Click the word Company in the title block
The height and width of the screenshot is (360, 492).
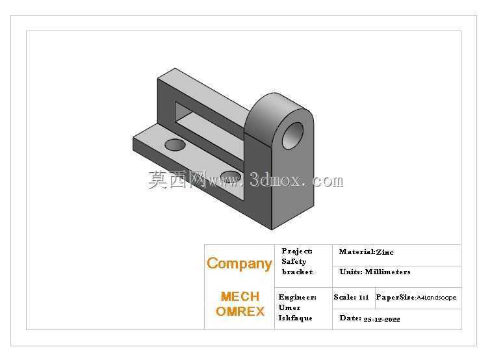(239, 264)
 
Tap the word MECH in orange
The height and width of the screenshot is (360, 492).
(240, 297)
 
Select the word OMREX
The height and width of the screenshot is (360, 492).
(240, 311)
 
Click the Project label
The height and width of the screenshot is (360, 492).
(297, 251)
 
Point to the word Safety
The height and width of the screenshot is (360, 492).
(294, 261)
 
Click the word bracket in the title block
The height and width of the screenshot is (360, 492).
(297, 272)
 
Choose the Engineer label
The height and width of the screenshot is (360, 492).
(298, 297)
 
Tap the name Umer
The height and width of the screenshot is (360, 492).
(289, 307)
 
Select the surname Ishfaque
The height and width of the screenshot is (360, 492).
(295, 318)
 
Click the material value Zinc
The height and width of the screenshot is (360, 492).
(385, 252)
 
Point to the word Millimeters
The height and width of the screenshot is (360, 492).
(387, 272)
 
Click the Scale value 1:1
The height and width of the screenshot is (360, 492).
(364, 297)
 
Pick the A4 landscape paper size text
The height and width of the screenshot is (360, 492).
(437, 298)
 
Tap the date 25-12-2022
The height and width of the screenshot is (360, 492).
(382, 320)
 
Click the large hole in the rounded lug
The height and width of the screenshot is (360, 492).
(292, 135)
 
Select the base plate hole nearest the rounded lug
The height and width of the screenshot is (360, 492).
(231, 177)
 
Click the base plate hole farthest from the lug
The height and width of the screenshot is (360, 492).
(175, 145)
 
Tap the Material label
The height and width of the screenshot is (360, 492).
(357, 252)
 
